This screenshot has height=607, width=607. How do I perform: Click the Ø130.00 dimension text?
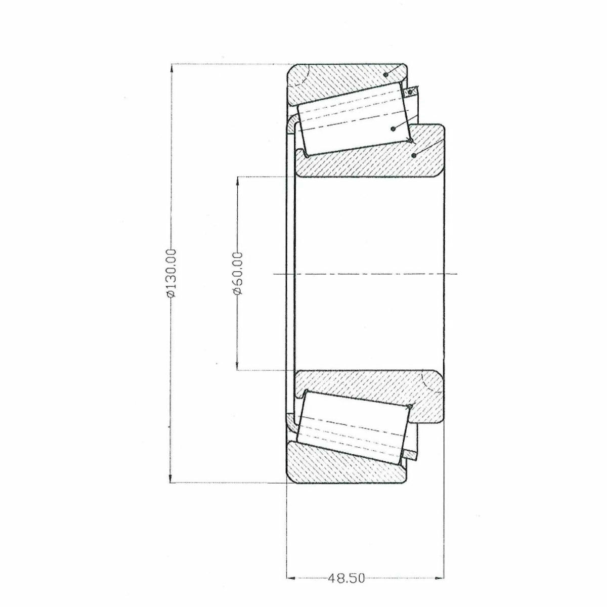pyautogui.click(x=171, y=273)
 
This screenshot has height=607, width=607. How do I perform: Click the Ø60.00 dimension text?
pyautogui.click(x=238, y=273)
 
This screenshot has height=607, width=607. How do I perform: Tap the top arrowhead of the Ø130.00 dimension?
pyautogui.click(x=171, y=69)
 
